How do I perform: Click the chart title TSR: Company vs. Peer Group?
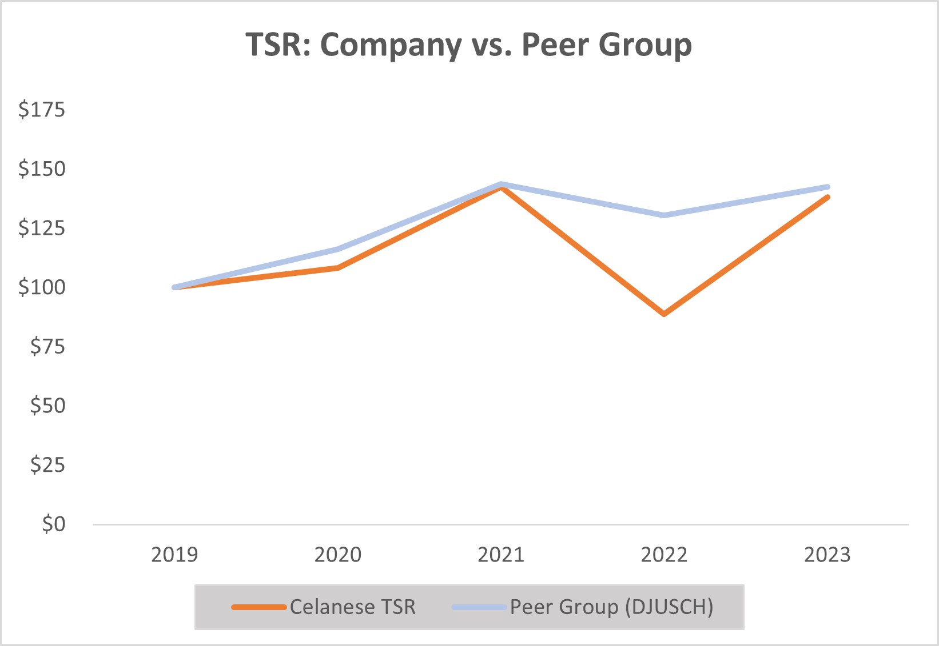(468, 45)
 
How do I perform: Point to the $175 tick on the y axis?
(42, 109)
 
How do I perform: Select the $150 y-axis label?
(42, 168)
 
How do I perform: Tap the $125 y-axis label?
(42, 228)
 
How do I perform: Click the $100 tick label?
(42, 287)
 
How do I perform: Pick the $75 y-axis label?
(47, 346)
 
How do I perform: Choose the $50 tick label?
(47, 406)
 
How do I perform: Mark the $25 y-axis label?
(47, 465)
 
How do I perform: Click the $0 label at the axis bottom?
(54, 524)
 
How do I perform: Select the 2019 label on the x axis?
(174, 555)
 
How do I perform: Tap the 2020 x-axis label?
(338, 555)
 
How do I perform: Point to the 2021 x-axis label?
(501, 555)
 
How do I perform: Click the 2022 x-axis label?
(664, 555)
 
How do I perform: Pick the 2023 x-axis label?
(827, 555)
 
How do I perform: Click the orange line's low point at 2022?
(664, 314)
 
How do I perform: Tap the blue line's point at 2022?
(664, 215)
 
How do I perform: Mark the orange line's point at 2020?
(338, 267)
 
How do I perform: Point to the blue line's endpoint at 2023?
(827, 187)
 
